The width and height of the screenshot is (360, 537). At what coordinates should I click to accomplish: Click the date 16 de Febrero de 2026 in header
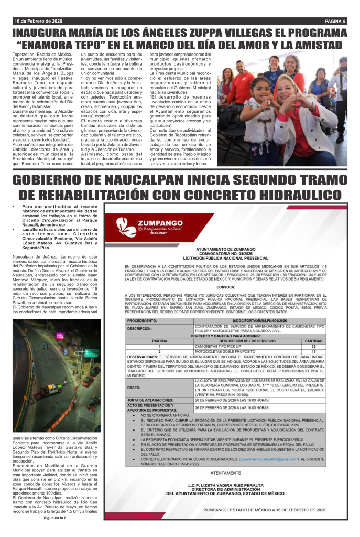coord(38,21)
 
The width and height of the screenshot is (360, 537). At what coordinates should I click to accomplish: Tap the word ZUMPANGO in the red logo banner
coord(156,222)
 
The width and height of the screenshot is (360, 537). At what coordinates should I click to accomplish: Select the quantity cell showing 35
coord(329,347)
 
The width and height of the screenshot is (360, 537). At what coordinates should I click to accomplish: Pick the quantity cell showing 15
coord(329,351)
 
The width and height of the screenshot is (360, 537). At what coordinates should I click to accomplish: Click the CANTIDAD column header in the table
coord(329,341)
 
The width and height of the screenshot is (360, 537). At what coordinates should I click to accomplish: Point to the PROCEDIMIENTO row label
coord(142,320)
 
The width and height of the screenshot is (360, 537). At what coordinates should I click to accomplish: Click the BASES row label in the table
coord(133,388)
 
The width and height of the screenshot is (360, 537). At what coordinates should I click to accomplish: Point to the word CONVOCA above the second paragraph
coord(225,287)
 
